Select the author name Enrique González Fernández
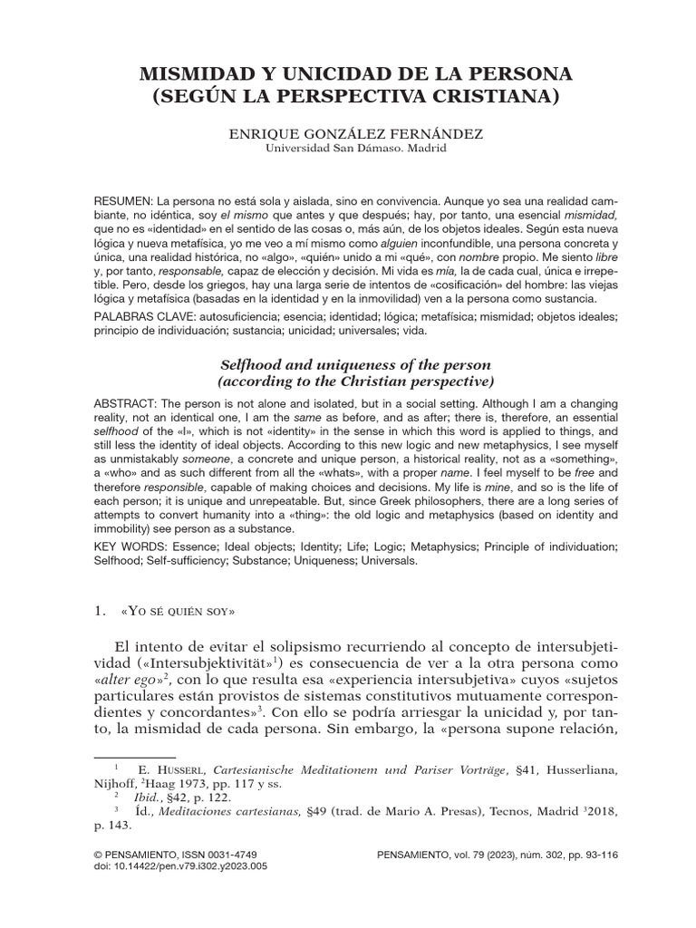click(x=347, y=133)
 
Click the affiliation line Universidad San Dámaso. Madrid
click(x=348, y=149)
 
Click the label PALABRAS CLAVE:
click(x=143, y=316)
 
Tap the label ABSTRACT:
click(x=125, y=402)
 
